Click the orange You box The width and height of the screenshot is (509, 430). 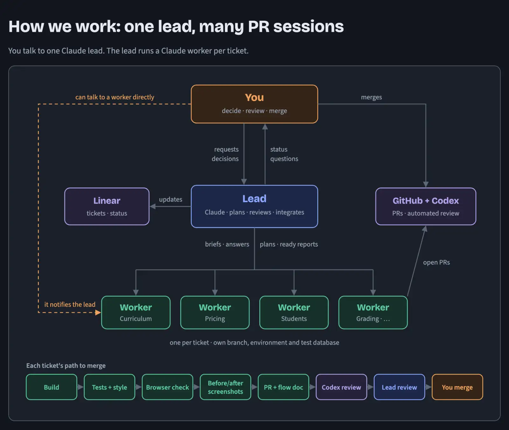[x=254, y=104]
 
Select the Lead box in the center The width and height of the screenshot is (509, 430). [x=254, y=206]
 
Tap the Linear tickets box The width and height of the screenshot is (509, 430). [x=107, y=206]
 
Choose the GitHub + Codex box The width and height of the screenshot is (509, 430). [x=426, y=206]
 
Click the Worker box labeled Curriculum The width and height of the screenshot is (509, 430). [x=136, y=312]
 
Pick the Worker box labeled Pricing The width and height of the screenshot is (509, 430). [x=215, y=312]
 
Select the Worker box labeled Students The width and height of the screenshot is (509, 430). [x=294, y=312]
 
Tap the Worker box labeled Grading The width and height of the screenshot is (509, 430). [x=373, y=312]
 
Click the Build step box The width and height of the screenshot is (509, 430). [x=52, y=387]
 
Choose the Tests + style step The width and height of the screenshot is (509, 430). [x=109, y=387]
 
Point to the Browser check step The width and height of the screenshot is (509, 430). [x=167, y=387]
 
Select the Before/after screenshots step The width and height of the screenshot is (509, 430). [x=226, y=387]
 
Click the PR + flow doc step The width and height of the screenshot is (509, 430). [x=283, y=387]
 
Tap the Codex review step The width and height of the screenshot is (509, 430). [x=341, y=387]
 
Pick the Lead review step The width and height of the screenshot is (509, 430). [x=399, y=387]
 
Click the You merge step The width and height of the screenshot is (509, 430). [x=457, y=387]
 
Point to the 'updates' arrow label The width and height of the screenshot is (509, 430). [x=171, y=199]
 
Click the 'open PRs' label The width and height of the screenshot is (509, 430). [x=436, y=262]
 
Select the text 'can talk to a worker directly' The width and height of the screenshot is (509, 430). [x=115, y=97]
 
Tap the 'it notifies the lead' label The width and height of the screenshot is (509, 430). [x=70, y=305]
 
